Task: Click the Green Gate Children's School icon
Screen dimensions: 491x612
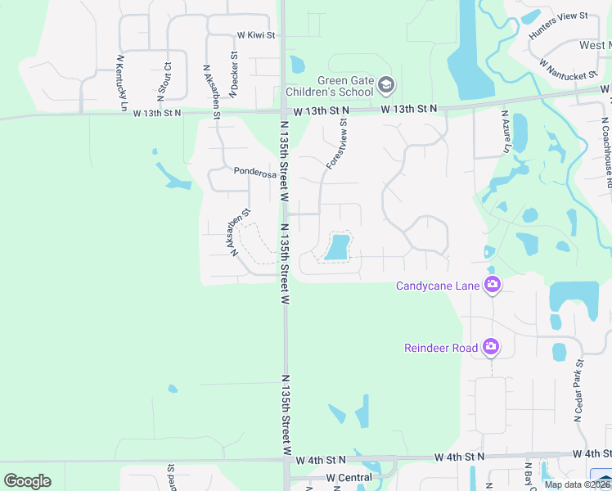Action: point(386,84)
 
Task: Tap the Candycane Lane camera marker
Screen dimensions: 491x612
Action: point(493,285)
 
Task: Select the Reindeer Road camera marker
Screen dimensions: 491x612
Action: point(491,347)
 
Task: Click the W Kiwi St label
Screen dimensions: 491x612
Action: point(256,35)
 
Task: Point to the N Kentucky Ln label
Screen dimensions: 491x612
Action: point(122,83)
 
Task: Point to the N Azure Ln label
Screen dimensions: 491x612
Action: point(505,133)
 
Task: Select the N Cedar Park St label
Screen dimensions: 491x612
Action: point(578,390)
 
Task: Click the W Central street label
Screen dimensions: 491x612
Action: point(349,477)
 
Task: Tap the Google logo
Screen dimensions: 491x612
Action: point(27,481)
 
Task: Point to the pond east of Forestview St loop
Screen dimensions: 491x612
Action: point(337,246)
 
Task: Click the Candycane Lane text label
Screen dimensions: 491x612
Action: point(439,286)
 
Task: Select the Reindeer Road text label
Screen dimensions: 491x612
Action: point(441,348)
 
